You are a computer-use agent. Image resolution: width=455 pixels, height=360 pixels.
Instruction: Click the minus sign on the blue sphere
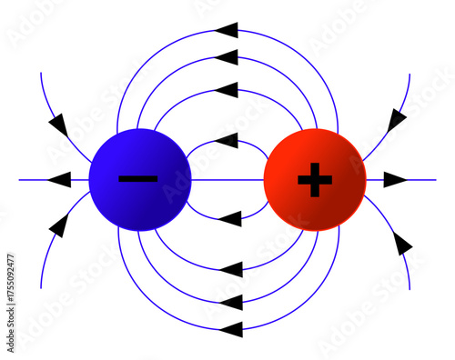(138, 178)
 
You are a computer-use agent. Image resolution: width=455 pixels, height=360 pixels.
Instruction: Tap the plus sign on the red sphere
(315, 181)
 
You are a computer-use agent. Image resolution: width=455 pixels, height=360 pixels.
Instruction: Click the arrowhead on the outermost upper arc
(228, 30)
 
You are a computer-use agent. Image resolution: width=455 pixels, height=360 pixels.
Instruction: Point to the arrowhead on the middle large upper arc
(228, 57)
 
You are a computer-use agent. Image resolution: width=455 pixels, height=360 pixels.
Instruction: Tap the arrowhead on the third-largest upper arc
(228, 89)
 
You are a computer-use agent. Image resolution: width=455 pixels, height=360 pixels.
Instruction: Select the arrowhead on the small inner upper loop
(228, 140)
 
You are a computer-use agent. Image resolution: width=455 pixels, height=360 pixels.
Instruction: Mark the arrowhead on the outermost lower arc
(230, 327)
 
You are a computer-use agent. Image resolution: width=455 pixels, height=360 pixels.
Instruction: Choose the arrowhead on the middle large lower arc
(230, 300)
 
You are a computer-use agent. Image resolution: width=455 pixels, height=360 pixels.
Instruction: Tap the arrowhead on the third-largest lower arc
(230, 269)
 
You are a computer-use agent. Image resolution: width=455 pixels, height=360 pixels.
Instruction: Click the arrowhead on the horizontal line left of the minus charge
(58, 179)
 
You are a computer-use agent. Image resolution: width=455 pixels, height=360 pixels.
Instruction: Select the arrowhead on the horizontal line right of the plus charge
(394, 180)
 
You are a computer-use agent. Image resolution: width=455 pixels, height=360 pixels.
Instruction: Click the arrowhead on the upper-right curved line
(398, 119)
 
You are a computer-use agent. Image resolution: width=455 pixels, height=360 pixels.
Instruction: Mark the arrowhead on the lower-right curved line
(401, 244)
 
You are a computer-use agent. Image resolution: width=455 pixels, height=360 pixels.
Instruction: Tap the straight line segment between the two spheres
(227, 180)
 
